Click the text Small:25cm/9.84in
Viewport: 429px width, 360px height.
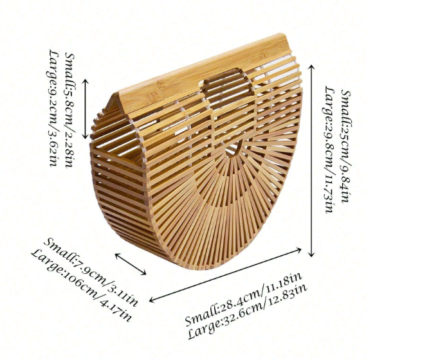(345, 147)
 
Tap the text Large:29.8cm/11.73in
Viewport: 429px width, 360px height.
(329, 149)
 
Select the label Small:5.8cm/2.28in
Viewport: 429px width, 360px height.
(69, 110)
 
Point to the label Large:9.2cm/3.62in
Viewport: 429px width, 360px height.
(53, 108)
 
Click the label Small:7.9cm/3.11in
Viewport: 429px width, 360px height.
(91, 272)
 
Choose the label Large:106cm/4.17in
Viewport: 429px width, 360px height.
(81, 285)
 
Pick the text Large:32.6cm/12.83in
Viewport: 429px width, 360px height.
(248, 311)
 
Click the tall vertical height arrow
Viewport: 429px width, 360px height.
(311, 161)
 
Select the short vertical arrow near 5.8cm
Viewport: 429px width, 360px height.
(86, 109)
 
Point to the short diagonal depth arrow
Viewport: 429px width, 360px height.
(131, 264)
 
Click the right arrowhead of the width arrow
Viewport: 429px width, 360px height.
(299, 249)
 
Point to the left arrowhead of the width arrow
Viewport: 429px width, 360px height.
(152, 300)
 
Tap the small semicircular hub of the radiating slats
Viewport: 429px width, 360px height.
(233, 150)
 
